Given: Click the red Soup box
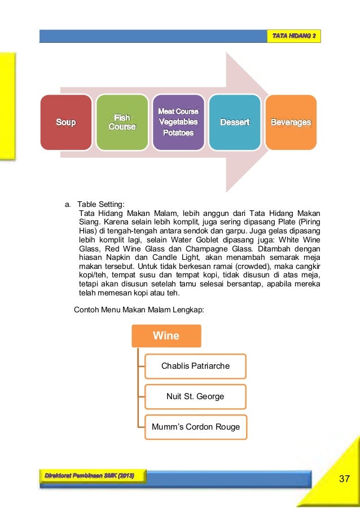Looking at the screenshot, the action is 65,122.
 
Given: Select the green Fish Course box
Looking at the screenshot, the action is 122,122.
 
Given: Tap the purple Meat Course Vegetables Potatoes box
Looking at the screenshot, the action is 178,122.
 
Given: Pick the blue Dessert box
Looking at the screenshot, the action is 235,122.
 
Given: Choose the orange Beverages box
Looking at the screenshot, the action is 291,122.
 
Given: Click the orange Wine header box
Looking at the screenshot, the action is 166,336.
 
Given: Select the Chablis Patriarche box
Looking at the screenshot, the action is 195,366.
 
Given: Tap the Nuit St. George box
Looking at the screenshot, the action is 195,396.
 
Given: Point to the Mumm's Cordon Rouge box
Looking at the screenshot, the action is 195,427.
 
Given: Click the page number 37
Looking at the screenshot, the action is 345,479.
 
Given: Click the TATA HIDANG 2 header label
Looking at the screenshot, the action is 295,36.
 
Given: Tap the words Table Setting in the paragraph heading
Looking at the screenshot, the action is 102,204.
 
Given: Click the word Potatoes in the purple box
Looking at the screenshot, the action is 178,133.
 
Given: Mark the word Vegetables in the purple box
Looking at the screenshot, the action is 178,122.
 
